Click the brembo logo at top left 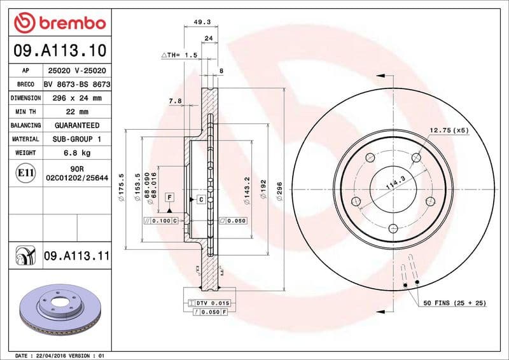click(59, 24)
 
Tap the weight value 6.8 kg click(76, 153)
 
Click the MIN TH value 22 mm click(76, 112)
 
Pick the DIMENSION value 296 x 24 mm click(76, 98)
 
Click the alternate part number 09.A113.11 click(76, 256)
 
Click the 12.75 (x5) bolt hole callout click(449, 130)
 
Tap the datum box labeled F click(170, 197)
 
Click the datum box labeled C click(200, 200)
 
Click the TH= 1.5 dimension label click(179, 56)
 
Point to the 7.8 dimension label click(175, 101)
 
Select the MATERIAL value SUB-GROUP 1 click(76, 139)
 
